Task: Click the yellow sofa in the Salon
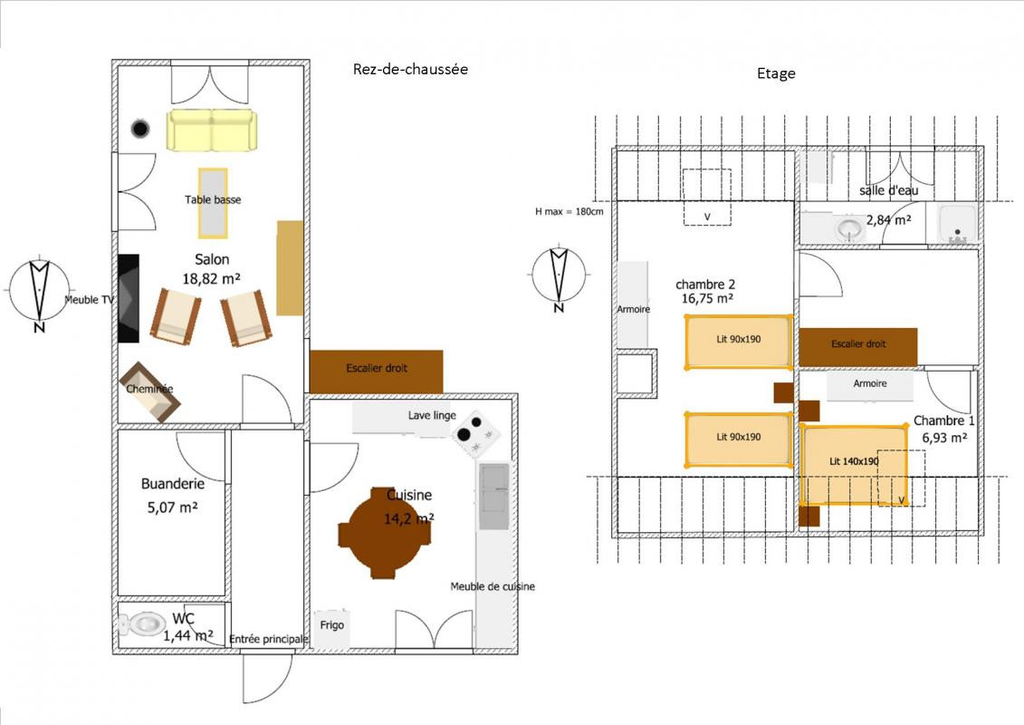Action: click(212, 130)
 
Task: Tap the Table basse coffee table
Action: click(213, 203)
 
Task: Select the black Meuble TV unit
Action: click(129, 298)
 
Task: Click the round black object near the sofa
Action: click(139, 129)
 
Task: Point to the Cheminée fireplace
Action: click(149, 392)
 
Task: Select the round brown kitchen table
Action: click(385, 533)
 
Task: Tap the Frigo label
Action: click(331, 625)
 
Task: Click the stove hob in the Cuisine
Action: click(476, 433)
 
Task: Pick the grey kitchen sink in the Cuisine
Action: click(493, 497)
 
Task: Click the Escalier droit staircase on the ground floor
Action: click(376, 372)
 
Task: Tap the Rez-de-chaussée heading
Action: click(410, 69)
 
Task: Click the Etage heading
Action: click(776, 73)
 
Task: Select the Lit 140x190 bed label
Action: click(854, 461)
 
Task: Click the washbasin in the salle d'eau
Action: click(849, 228)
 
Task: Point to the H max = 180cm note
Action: click(569, 212)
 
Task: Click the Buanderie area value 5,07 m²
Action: click(172, 507)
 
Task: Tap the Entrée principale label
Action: click(268, 639)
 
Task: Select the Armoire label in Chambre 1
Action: click(870, 383)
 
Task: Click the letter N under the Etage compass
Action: click(559, 308)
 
